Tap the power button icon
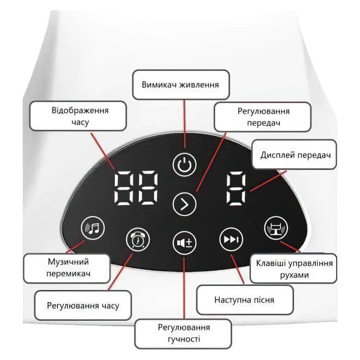pyautogui.click(x=184, y=165)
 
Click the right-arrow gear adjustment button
pyautogui.click(x=184, y=204)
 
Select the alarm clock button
pyautogui.click(x=138, y=239)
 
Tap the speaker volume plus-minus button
pyautogui.click(x=184, y=243)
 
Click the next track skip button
pyautogui.click(x=231, y=239)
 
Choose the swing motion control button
pyautogui.click(x=276, y=228)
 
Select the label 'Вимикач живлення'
pyautogui.click(x=180, y=85)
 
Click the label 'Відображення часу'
pyautogui.click(x=80, y=116)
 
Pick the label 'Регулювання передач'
pyautogui.click(x=263, y=117)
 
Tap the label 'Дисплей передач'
pyautogui.click(x=296, y=155)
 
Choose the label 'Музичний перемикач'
pyautogui.click(x=68, y=268)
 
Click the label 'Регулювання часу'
pyautogui.click(x=83, y=306)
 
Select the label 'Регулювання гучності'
pyautogui.click(x=184, y=333)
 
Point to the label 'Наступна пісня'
pyautogui.click(x=244, y=300)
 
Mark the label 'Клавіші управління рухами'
pyautogui.click(x=294, y=269)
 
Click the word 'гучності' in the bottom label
pyautogui.click(x=184, y=339)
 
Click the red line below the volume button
pyautogui.click(x=184, y=288)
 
